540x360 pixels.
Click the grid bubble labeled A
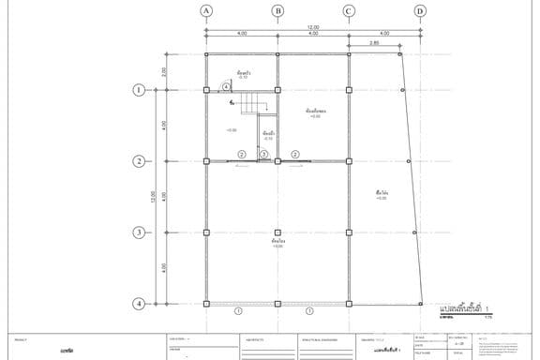(206, 11)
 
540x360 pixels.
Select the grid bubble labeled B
(277, 11)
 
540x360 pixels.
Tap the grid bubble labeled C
(349, 11)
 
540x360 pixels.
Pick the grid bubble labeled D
(419, 11)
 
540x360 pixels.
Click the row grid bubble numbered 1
(139, 90)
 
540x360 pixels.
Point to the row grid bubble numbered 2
(139, 161)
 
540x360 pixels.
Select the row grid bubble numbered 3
(139, 232)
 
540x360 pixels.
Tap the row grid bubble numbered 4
(139, 304)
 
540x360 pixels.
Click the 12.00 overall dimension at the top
(313, 27)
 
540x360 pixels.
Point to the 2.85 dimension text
(374, 42)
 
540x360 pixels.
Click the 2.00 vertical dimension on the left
(164, 71)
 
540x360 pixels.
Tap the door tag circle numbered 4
(226, 86)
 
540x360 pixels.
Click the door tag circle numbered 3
(264, 154)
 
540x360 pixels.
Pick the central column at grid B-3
(277, 232)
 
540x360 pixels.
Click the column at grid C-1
(349, 90)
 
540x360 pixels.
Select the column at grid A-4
(206, 304)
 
